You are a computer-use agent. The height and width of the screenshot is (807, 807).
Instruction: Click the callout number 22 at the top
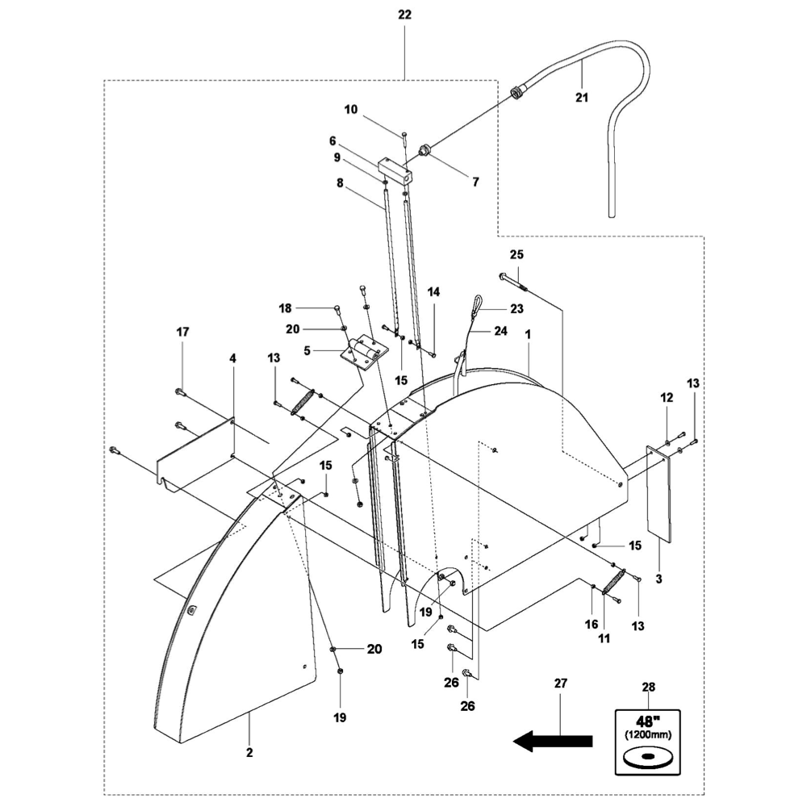(404, 15)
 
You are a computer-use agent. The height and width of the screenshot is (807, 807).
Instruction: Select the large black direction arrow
(554, 741)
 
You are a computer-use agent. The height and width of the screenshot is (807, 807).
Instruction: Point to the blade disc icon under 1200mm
(647, 758)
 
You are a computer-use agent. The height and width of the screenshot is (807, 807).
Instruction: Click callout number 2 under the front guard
(249, 753)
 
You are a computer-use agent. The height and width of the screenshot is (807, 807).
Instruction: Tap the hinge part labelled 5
(364, 352)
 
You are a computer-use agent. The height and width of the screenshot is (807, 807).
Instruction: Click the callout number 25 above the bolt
(516, 254)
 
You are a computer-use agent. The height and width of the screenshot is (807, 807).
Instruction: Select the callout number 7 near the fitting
(475, 182)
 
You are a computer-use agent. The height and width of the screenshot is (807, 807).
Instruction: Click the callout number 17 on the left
(183, 332)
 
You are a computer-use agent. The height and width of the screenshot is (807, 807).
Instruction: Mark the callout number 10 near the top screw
(350, 109)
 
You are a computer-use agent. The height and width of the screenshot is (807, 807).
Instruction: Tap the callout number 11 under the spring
(604, 638)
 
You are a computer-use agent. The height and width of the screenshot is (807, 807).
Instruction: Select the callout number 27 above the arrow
(561, 684)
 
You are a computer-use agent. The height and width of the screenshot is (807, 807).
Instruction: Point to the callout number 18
(284, 308)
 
